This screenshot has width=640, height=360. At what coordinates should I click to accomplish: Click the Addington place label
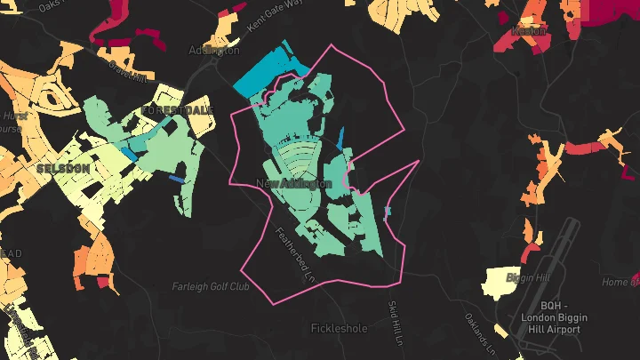pyautogui.click(x=214, y=51)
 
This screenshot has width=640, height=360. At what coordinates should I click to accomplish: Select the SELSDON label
pyautogui.click(x=62, y=167)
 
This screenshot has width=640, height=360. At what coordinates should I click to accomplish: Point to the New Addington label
pyautogui.click(x=293, y=184)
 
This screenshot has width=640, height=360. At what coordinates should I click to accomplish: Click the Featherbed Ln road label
pyautogui.click(x=295, y=254)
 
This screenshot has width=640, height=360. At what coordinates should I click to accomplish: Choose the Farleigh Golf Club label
pyautogui.click(x=211, y=287)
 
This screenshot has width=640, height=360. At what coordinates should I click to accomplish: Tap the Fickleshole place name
pyautogui.click(x=339, y=328)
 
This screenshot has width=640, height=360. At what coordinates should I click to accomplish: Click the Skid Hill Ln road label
pyautogui.click(x=395, y=321)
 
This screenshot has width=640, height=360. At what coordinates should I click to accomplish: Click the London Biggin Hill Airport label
pyautogui.click(x=550, y=317)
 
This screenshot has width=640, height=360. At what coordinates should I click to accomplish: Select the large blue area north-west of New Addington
pyautogui.click(x=266, y=71)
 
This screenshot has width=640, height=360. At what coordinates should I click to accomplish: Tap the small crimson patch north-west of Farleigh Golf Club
pyautogui.click(x=106, y=283)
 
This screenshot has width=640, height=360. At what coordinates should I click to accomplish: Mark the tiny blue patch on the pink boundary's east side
pyautogui.click(x=387, y=211)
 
